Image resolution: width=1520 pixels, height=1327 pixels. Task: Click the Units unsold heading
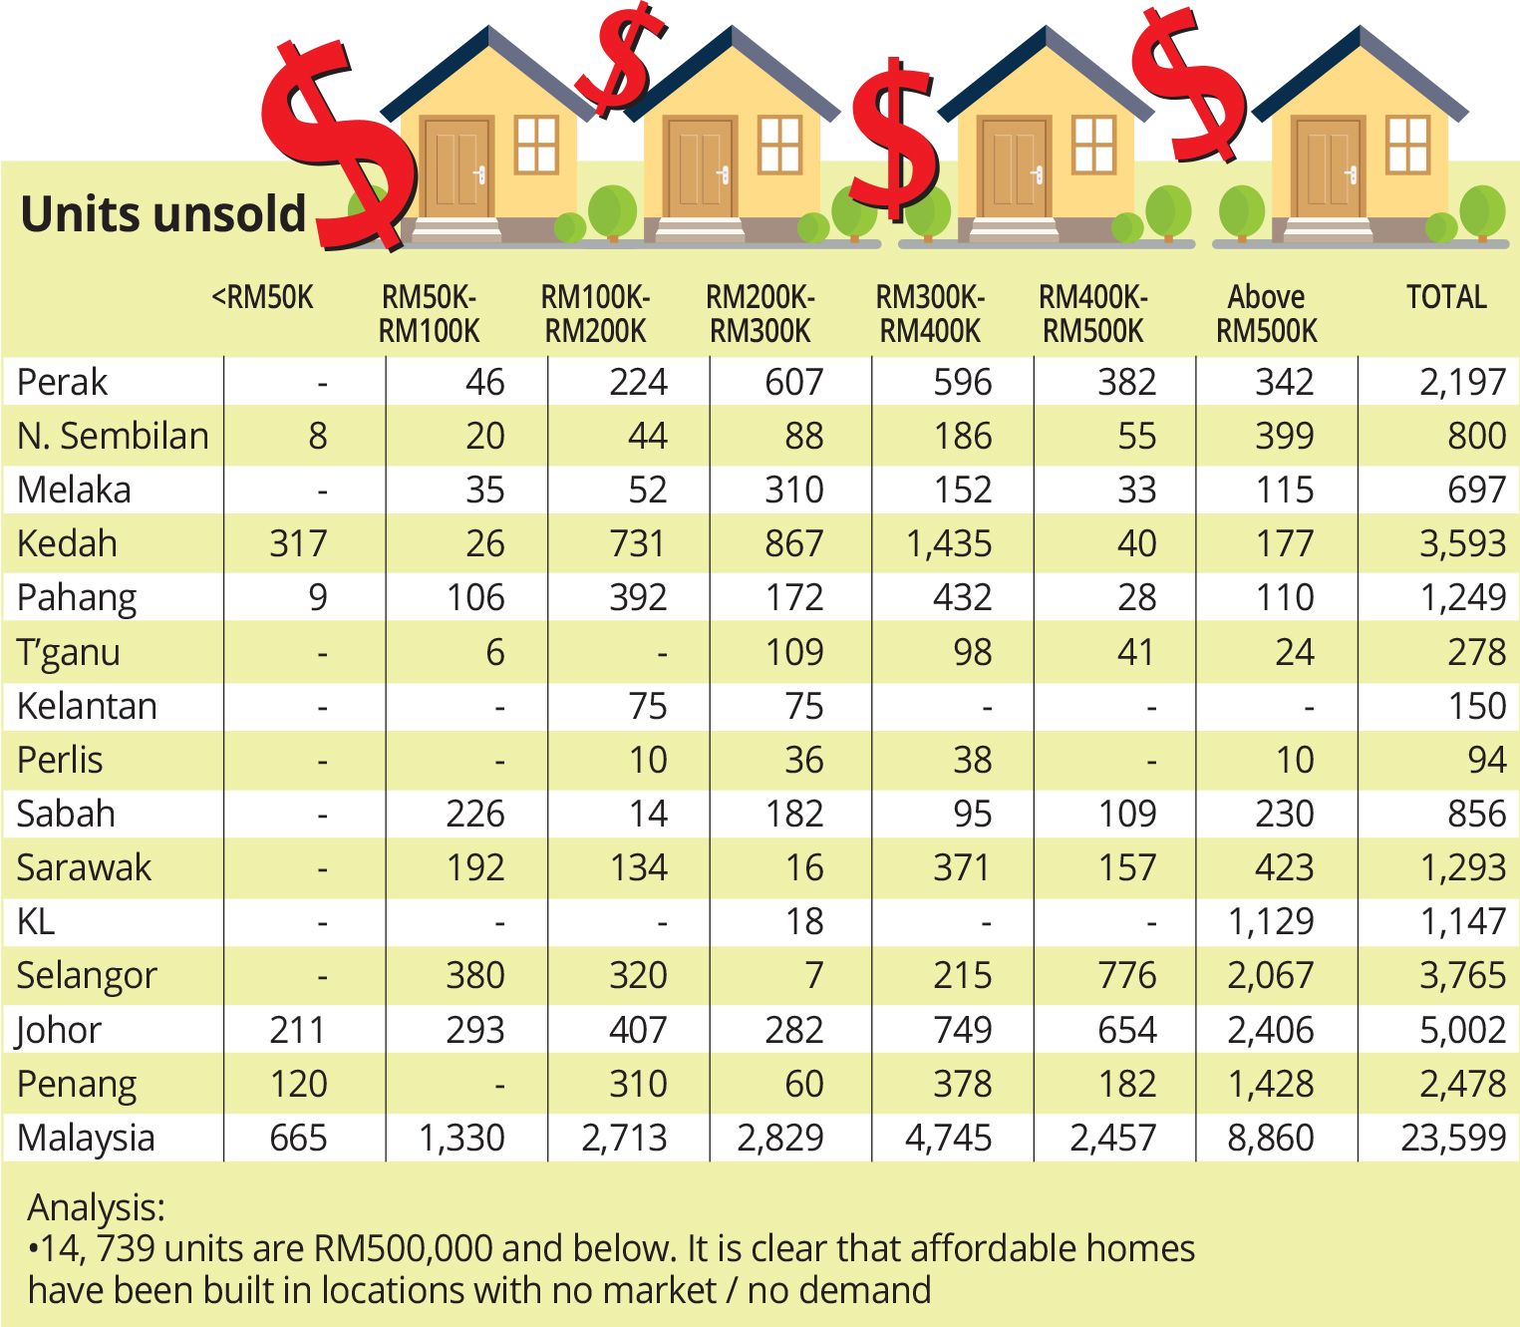162,214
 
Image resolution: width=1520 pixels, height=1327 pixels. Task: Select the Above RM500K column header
1266,313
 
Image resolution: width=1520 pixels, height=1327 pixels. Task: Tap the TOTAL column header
1445,297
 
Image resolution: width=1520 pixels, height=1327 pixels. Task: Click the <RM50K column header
262,297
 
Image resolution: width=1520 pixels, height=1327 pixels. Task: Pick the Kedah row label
67,544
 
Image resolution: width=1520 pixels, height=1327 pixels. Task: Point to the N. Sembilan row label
113,437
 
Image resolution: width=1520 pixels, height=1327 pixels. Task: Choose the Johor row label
59,1030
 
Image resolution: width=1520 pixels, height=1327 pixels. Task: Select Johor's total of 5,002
1461,1030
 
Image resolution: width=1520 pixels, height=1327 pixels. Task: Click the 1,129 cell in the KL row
1270,922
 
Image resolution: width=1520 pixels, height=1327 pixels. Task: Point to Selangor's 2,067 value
1270,976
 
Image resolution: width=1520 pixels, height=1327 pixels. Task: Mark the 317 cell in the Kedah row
298,544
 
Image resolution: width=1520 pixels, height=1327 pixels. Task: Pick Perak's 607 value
793,383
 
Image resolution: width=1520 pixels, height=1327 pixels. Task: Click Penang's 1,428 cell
1270,1084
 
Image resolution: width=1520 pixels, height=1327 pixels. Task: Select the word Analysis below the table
96,1208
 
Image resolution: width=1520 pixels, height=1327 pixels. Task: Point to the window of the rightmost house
1407,145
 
